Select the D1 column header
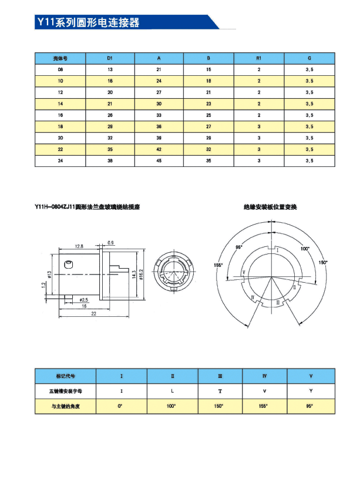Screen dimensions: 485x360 [x=110, y=59]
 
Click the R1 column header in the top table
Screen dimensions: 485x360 [x=259, y=59]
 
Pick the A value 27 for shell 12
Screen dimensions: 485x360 [x=159, y=93]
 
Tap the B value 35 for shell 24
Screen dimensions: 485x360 [x=208, y=160]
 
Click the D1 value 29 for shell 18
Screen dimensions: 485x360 [x=110, y=126]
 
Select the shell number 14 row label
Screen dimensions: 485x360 [x=60, y=104]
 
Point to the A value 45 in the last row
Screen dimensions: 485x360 [x=159, y=160]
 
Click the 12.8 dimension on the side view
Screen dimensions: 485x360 [x=79, y=246]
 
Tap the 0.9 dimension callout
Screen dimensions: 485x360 [x=111, y=242]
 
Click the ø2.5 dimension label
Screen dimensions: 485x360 [x=83, y=300]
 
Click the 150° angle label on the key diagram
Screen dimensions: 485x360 [x=322, y=262]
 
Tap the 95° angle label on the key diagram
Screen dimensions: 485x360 [x=239, y=247]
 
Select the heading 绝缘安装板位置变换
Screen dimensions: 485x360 [x=271, y=208]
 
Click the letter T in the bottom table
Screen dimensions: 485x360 [x=220, y=390]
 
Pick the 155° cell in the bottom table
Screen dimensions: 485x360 [x=268, y=406]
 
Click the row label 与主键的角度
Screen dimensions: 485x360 [x=61, y=406]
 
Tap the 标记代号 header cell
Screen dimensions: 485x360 [x=61, y=375]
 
